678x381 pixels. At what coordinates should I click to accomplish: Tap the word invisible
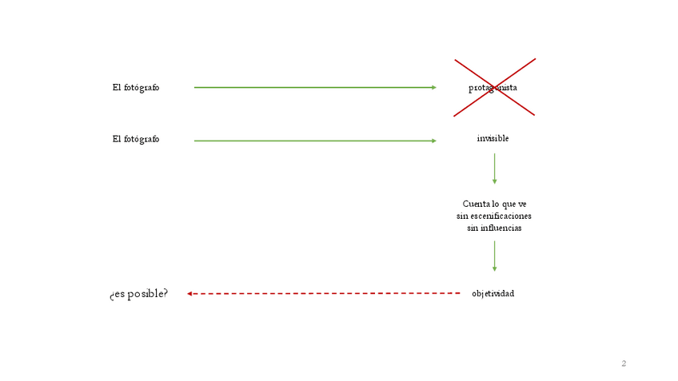point(493,139)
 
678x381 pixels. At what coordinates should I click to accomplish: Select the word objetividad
point(493,294)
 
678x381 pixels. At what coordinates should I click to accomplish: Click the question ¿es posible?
point(139,294)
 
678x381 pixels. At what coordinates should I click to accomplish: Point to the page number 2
point(624,364)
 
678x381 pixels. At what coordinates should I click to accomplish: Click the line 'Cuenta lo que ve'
point(494,204)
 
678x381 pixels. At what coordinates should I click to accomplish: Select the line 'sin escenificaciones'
point(494,216)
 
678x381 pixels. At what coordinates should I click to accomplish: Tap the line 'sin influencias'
point(494,228)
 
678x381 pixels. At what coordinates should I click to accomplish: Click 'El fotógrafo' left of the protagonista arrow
point(136,88)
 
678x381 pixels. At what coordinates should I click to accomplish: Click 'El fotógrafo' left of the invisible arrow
point(136,139)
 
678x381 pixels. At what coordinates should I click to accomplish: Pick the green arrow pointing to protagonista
point(314,87)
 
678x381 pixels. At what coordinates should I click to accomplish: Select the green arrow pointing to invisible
point(314,141)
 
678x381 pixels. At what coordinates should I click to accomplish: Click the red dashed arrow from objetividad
point(324,294)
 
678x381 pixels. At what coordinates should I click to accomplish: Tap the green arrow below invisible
point(494,168)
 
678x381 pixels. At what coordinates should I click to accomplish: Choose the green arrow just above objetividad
point(494,256)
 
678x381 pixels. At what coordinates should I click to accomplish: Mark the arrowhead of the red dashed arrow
point(189,294)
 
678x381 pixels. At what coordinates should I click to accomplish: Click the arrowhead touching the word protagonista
point(433,87)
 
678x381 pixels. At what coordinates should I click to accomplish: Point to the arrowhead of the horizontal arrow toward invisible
point(433,141)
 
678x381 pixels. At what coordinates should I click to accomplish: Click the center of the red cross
point(495,87)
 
